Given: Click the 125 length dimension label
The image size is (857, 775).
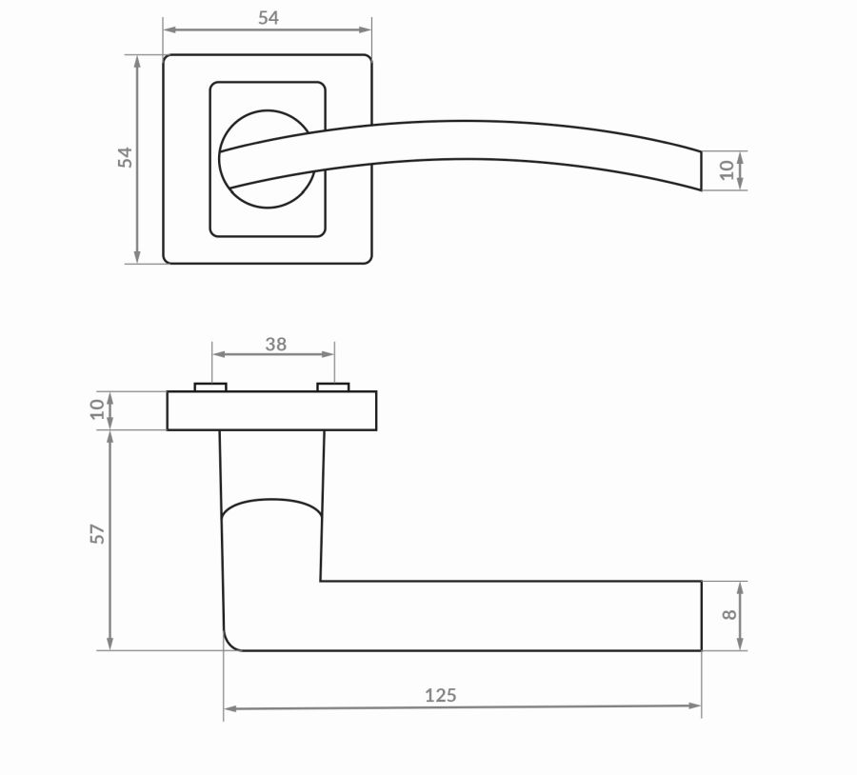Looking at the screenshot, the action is [441, 695].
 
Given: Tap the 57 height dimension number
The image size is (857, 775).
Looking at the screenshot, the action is [97, 534].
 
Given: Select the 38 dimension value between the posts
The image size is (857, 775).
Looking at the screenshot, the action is [275, 345].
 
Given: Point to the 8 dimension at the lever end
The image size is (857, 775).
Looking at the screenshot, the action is [729, 614].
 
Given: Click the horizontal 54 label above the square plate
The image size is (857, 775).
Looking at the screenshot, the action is [269, 18].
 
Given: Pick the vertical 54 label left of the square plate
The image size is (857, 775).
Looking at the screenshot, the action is [125, 157].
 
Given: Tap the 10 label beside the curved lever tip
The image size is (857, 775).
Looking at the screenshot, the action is [727, 170].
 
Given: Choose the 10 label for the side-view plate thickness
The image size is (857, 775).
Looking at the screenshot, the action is [97, 409].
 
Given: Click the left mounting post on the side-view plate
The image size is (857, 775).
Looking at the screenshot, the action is [210, 387].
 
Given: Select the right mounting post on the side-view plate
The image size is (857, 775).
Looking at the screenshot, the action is [333, 387].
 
